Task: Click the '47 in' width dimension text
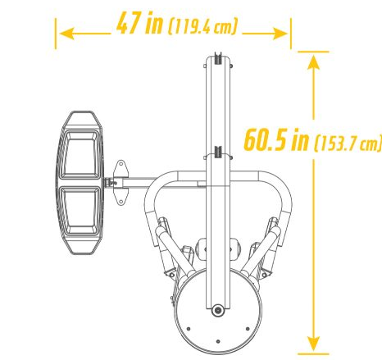click(139, 23)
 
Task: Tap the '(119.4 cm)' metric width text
click(202, 26)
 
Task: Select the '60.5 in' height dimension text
click(276, 140)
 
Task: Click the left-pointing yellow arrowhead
click(66, 34)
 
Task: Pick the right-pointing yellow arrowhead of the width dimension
click(280, 34)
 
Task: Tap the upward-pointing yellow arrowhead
click(313, 62)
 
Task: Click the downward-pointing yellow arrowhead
click(313, 344)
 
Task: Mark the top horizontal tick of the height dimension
click(313, 52)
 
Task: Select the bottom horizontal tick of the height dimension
click(313, 354)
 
